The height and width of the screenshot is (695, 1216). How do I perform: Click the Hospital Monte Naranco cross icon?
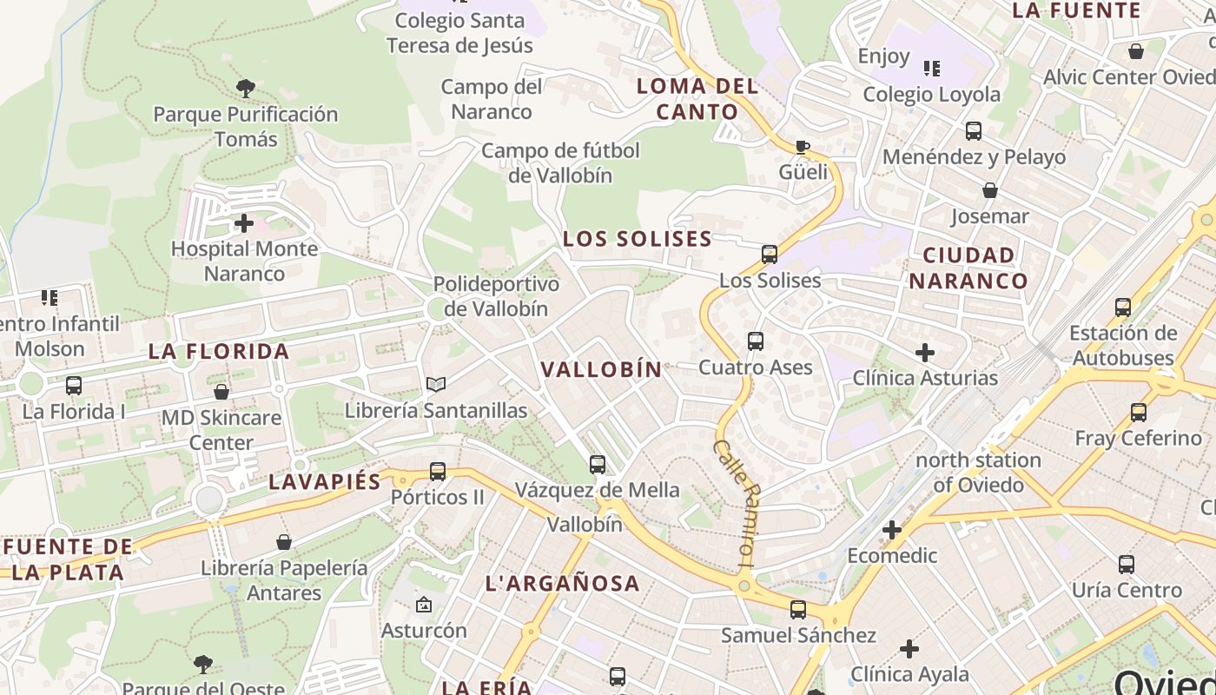click(x=244, y=224)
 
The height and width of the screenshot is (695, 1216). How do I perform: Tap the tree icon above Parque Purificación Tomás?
click(x=245, y=88)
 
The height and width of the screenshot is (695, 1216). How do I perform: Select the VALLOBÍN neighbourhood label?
click(x=601, y=369)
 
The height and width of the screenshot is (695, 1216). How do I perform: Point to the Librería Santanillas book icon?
click(x=436, y=384)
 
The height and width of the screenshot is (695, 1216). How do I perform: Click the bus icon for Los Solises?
click(x=770, y=255)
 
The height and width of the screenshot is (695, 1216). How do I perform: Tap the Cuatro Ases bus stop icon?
click(x=756, y=341)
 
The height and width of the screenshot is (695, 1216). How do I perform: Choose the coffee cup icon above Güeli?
click(x=803, y=147)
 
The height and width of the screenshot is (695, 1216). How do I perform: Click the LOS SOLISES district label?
click(x=638, y=239)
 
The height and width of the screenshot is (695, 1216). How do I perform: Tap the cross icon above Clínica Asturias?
click(x=925, y=353)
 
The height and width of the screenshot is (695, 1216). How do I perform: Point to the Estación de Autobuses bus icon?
click(x=1123, y=308)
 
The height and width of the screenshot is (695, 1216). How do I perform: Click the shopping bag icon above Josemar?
click(x=989, y=190)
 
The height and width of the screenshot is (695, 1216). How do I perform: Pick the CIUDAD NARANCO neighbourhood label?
click(x=968, y=268)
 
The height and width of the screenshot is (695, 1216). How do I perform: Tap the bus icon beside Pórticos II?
click(x=438, y=472)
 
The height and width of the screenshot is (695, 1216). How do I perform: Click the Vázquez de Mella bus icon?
click(x=598, y=465)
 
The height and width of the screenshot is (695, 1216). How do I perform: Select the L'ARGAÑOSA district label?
click(x=563, y=584)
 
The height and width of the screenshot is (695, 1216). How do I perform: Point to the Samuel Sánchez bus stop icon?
click(x=798, y=610)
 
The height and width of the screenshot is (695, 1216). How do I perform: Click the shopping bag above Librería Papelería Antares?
click(x=284, y=543)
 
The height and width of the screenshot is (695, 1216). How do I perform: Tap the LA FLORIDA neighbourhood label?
click(x=219, y=352)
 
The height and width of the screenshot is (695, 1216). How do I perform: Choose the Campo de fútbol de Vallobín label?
click(x=560, y=162)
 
